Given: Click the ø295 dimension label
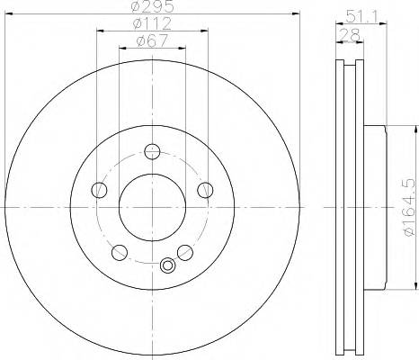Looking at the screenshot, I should pyautogui.click(x=152, y=8).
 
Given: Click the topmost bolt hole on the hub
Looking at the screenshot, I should pyautogui.click(x=152, y=151).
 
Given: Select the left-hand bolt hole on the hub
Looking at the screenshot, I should pyautogui.click(x=99, y=189).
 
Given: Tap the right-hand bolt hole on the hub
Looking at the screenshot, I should pyautogui.click(x=205, y=189).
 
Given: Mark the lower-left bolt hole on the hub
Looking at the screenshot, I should pyautogui.click(x=120, y=251).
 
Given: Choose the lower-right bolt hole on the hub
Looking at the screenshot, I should pyautogui.click(x=184, y=251).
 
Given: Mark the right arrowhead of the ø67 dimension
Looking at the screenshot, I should pyautogui.click(x=181, y=48).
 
